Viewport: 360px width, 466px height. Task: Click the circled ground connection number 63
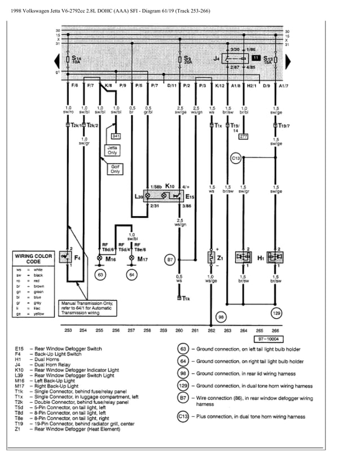(x=100, y=275)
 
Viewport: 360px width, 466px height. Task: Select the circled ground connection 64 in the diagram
(x=131, y=275)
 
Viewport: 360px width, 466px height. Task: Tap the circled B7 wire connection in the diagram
(x=169, y=260)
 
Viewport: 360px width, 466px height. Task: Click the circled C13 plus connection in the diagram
(x=236, y=159)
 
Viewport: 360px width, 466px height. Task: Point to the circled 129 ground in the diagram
(x=276, y=313)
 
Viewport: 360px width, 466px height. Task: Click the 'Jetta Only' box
(x=112, y=150)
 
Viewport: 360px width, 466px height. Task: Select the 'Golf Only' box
(x=115, y=169)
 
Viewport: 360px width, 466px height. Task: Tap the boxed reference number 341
(x=116, y=136)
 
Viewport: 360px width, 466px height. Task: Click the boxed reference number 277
(x=244, y=136)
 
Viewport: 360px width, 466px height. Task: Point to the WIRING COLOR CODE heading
(x=34, y=259)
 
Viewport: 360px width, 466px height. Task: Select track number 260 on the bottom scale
(x=179, y=331)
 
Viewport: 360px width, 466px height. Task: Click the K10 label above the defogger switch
(x=169, y=186)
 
